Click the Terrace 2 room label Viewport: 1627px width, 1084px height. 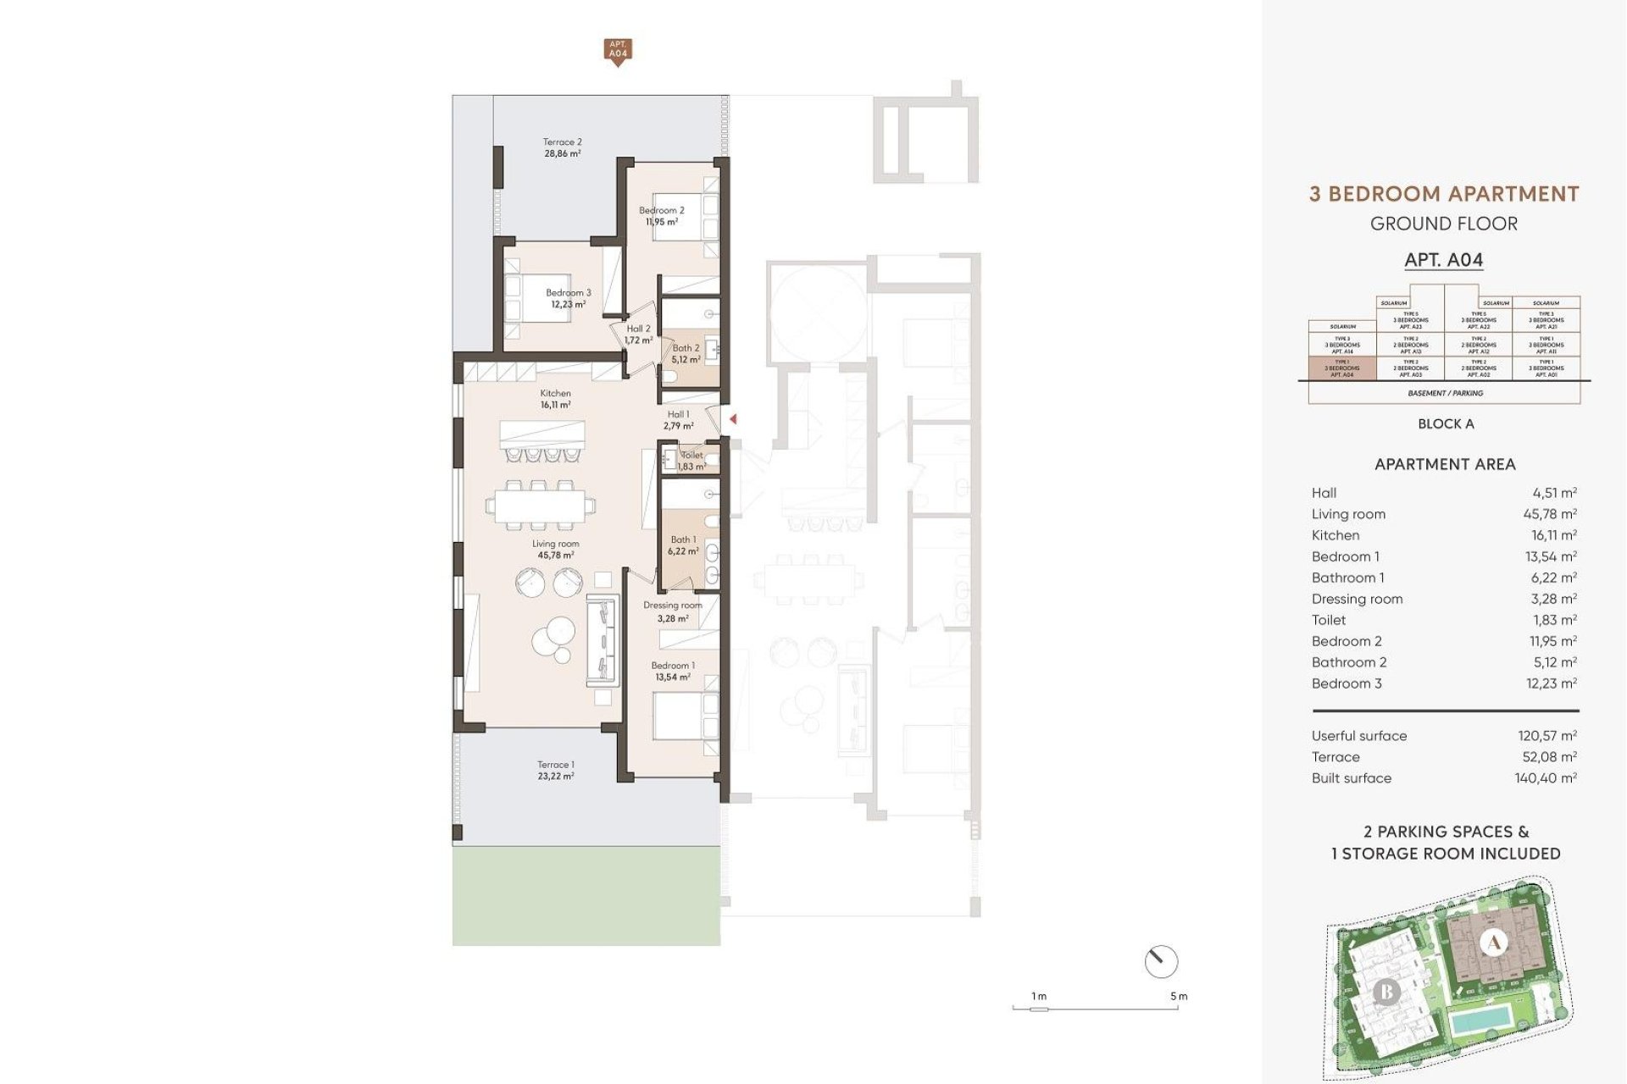tap(562, 148)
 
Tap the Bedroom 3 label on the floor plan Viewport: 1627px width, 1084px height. tap(568, 298)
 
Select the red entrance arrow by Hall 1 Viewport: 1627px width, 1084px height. tap(733, 419)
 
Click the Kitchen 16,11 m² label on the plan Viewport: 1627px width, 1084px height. tap(555, 399)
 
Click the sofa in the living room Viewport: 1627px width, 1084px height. tap(601, 640)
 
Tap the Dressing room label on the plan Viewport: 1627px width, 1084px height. tap(672, 611)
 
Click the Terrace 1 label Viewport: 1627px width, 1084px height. tap(555, 770)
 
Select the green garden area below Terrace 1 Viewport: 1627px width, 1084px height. tap(586, 897)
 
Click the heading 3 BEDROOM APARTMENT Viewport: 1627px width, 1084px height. tap(1444, 195)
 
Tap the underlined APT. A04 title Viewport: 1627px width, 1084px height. tap(1444, 260)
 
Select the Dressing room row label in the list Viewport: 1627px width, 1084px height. tap(1357, 599)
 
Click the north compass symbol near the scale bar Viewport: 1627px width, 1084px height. tap(1161, 961)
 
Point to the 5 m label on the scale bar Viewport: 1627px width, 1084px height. tap(1179, 997)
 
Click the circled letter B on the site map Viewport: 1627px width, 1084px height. tap(1386, 991)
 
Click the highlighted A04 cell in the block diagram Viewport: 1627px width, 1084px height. tap(1342, 368)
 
